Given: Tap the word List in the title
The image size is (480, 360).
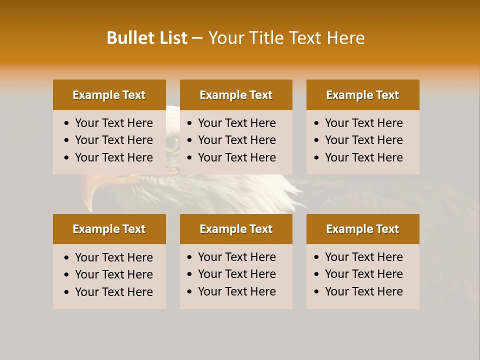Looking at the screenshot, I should coord(173,38).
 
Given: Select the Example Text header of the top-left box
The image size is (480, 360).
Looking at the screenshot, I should coord(109,95).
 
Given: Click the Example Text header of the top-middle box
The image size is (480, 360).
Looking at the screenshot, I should coord(236,95).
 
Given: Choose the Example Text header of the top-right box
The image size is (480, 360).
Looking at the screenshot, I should coord(362,95).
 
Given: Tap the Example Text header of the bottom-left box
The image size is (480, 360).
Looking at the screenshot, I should coord(109,229).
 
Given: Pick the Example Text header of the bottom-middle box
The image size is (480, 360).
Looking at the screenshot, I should coord(236,229).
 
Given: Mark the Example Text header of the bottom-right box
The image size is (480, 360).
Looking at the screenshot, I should coord(362,229).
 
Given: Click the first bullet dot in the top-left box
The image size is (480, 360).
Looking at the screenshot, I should coord(67,123).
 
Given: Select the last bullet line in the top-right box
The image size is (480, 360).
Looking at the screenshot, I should coord(363,157).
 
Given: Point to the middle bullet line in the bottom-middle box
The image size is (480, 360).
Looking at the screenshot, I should coord(236,274).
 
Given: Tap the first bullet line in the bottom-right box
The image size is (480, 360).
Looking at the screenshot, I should coord(363,257).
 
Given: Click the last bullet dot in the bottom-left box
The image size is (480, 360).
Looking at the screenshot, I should coord(67,292).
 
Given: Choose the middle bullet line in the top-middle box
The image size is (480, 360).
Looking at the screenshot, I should coord(236,140).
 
